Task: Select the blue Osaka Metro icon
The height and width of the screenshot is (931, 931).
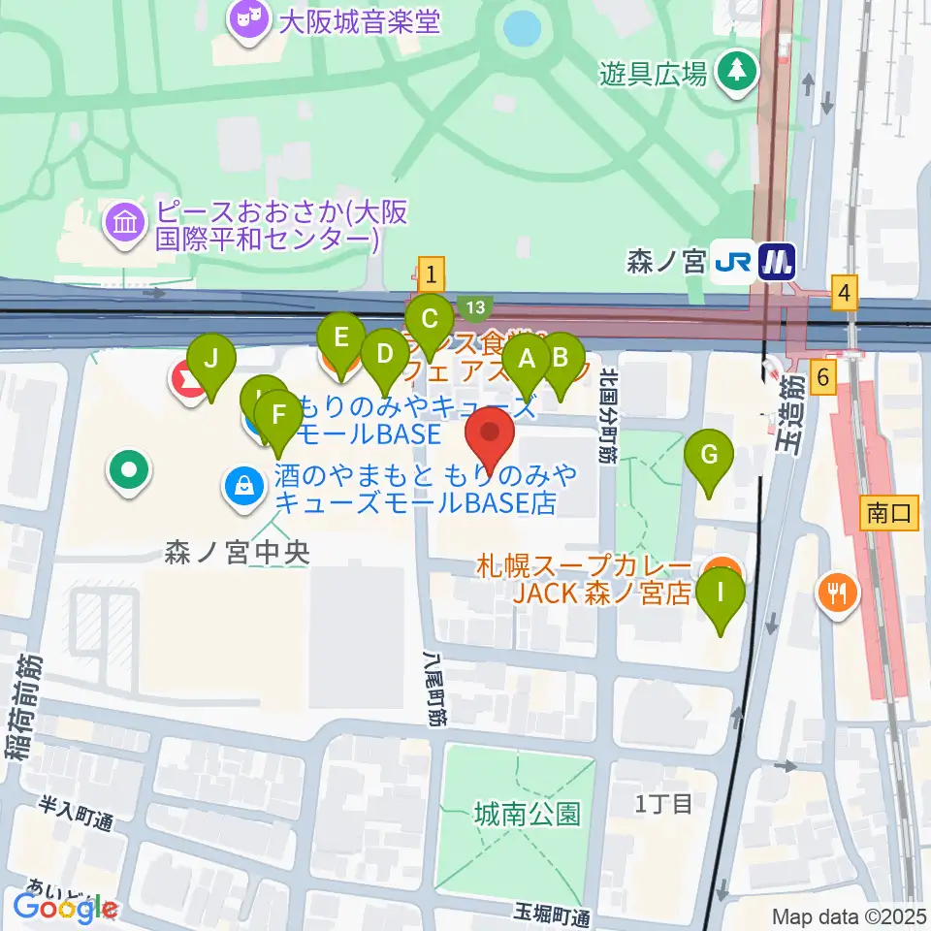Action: [x=778, y=261]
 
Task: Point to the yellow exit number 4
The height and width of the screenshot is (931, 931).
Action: [x=847, y=290]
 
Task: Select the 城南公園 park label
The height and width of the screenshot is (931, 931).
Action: [x=528, y=813]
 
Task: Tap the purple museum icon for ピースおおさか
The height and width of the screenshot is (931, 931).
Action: [x=127, y=224]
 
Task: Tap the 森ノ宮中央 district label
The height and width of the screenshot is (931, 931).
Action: [x=237, y=554]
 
